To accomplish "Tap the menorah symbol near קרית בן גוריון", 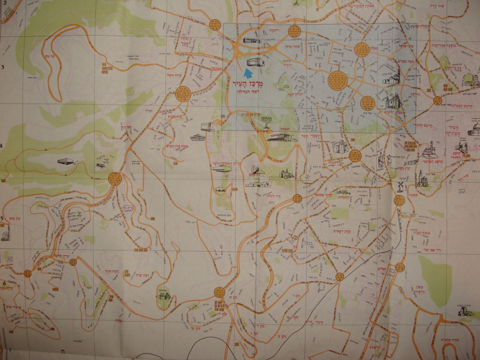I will tap(266, 122).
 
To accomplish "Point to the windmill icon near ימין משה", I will tap(400, 187).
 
